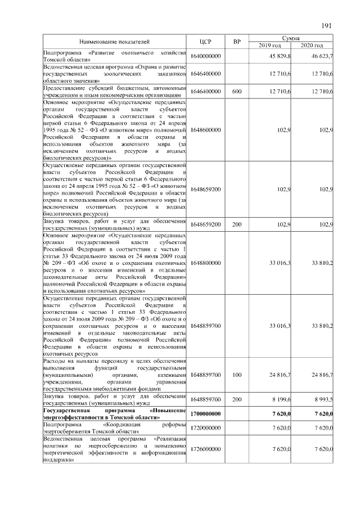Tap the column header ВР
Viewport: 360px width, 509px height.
pos(237,42)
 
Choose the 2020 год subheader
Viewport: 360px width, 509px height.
pos(313,45)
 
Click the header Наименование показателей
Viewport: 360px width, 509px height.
pos(114,42)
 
